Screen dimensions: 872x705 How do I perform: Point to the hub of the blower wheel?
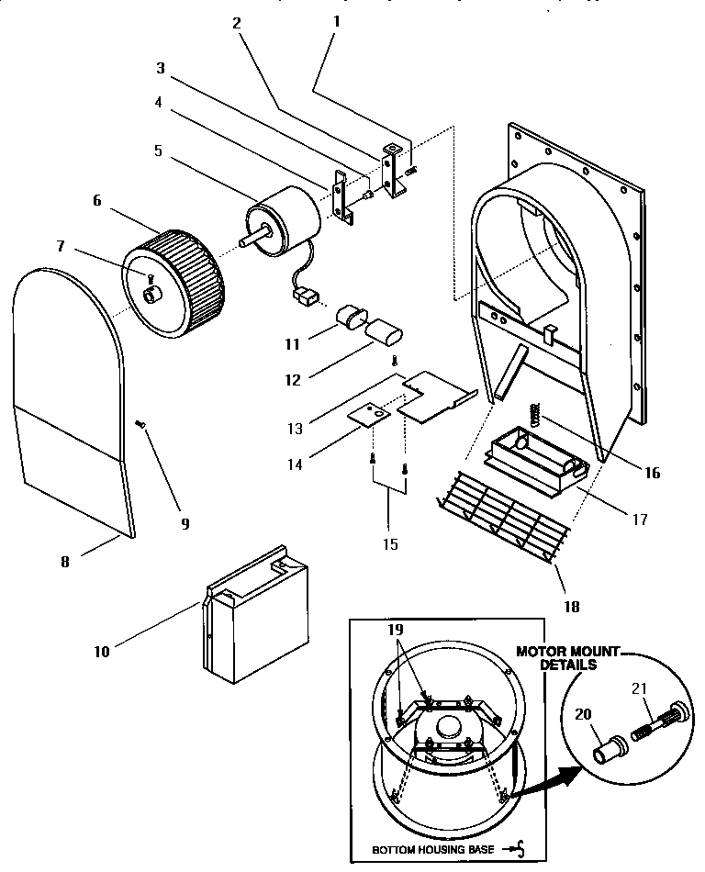pyautogui.click(x=150, y=296)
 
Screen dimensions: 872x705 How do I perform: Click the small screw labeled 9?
pyautogui.click(x=140, y=423)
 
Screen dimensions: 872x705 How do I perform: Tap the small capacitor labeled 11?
pyautogui.click(x=349, y=318)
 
